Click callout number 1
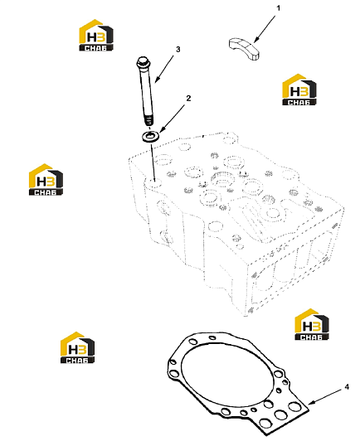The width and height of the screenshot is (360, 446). pos(278,8)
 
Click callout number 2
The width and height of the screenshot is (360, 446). pos(188,99)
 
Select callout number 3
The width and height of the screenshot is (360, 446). pos(178,50)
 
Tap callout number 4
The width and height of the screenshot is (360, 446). pos(347,387)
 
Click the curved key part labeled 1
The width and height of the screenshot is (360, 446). pos(244,48)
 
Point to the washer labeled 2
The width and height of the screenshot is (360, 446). pos(151,137)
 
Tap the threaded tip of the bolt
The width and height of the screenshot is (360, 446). pos(148,120)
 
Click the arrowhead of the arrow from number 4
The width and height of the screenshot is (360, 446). pos(310,403)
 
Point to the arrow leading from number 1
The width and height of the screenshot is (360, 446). pos(265,29)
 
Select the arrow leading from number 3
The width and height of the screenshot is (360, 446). pos(164,69)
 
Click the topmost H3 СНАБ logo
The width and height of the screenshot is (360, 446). pos(96,36)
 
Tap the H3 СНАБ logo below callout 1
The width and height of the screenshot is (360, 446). pos(299,90)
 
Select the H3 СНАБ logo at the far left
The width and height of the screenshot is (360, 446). pos(46,180)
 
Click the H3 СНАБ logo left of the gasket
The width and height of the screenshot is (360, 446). pos(77,347)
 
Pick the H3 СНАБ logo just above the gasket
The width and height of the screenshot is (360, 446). pos(312,324)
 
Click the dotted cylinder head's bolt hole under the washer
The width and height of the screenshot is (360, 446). pos(153,182)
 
